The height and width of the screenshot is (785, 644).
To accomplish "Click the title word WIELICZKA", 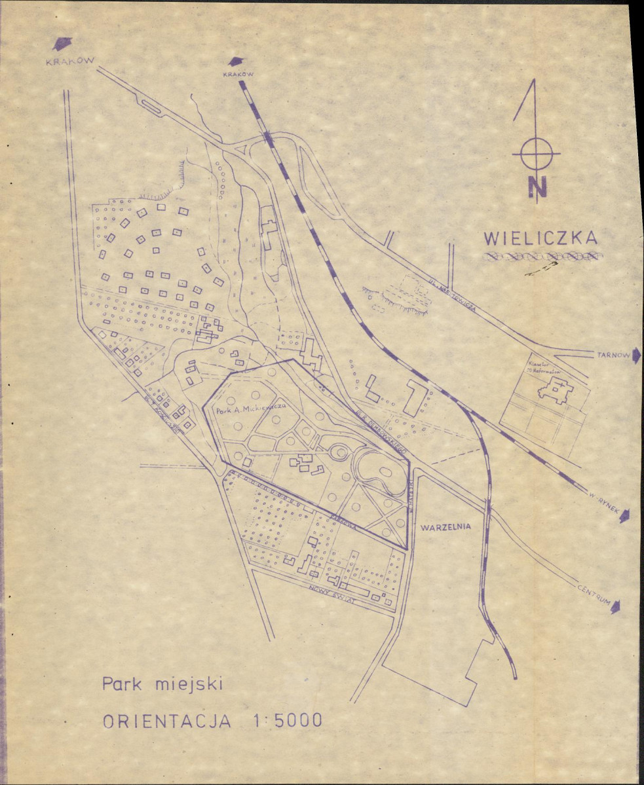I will (540, 238).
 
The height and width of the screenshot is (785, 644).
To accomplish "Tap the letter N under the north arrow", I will (537, 187).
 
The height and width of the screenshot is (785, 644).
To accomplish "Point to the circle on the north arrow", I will (536, 155).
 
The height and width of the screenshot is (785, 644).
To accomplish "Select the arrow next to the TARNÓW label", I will (636, 355).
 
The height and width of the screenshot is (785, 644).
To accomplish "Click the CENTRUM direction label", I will (594, 594).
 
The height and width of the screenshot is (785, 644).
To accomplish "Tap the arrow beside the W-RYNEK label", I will (626, 516).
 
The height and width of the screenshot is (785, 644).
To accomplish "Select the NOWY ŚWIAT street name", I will (335, 596).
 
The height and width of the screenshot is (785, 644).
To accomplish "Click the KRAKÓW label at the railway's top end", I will (238, 75).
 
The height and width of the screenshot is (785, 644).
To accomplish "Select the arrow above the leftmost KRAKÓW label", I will (62, 43).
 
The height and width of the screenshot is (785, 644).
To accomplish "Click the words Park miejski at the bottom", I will (162, 685).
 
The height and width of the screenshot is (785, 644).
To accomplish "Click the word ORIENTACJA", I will (167, 721).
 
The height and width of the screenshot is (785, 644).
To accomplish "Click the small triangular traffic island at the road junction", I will (240, 149).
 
